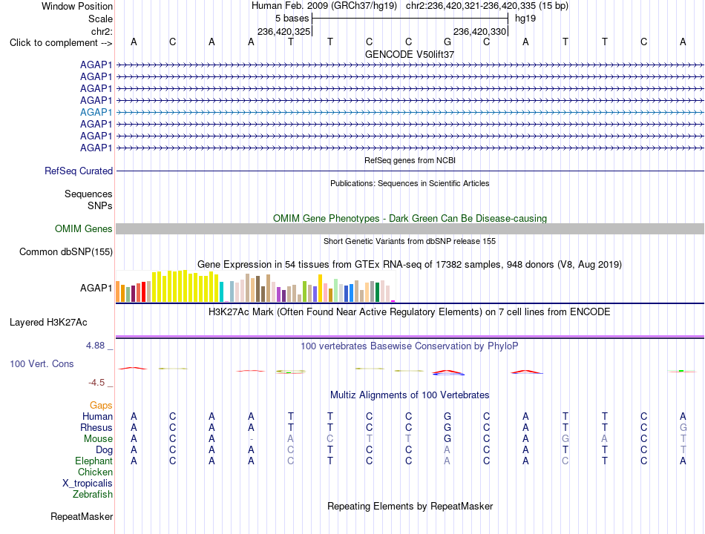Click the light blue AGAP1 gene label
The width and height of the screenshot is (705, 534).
coord(96,113)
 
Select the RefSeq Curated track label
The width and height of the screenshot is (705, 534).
coord(79,171)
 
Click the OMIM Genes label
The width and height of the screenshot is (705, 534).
coord(84,228)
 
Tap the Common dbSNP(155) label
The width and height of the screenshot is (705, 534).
coord(66,251)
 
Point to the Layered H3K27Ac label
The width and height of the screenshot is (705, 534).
coord(48,323)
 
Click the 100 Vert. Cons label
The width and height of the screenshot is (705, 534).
coord(42,363)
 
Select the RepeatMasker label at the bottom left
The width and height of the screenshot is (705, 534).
coord(82,516)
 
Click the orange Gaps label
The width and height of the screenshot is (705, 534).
coord(101,406)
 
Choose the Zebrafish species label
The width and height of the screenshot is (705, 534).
coord(93,495)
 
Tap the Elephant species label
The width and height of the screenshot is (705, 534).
coord(94,461)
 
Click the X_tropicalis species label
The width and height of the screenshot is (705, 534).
coord(88,484)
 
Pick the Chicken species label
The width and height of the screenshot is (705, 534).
coord(95,472)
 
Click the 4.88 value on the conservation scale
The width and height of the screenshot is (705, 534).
coord(95,346)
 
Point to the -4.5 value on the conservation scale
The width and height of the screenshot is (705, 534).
coord(96,383)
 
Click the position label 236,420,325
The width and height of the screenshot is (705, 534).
coord(283,31)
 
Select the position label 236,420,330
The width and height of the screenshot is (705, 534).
coord(479,31)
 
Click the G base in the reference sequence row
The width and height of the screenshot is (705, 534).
coord(447,42)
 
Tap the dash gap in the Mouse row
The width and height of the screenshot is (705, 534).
coord(252,439)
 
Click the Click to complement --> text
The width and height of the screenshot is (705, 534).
coord(61,43)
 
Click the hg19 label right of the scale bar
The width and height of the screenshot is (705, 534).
coord(525,19)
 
